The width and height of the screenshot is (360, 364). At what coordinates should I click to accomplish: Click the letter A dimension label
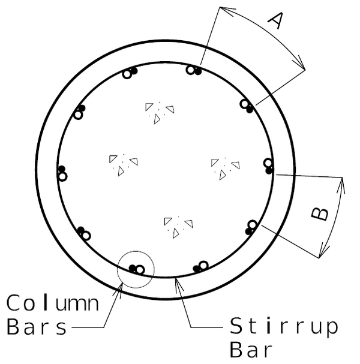[274, 21]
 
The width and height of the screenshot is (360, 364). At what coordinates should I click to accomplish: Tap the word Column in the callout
[53, 303]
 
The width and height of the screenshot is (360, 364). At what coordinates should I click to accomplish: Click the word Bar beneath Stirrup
[253, 350]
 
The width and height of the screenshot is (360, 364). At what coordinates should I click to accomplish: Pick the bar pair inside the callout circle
[136, 269]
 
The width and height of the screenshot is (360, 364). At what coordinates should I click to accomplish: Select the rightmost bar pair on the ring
[268, 166]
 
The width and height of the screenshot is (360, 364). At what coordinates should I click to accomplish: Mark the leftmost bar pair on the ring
[62, 173]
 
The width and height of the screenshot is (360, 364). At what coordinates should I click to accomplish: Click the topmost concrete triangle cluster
[159, 112]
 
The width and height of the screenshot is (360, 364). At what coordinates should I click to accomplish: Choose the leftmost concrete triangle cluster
[123, 163]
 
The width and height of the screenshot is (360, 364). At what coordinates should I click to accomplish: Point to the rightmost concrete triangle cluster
[225, 167]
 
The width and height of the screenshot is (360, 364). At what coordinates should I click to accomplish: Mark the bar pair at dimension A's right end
[247, 106]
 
